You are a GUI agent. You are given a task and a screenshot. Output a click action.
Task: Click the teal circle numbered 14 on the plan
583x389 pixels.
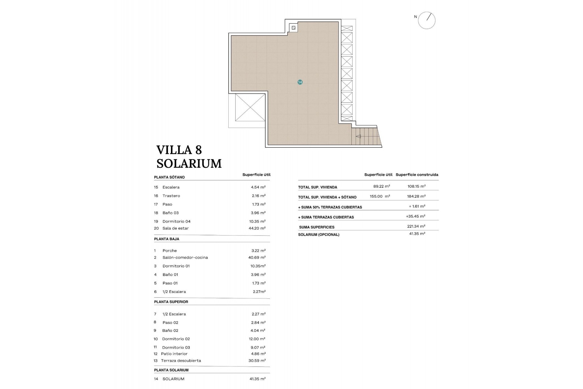coord(300,82)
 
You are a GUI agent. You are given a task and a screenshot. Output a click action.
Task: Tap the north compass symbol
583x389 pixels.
coord(427,20)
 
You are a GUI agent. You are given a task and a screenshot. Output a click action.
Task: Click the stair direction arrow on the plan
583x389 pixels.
coord(358,136)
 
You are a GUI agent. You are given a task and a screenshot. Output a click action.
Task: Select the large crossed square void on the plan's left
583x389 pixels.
coord(250,107)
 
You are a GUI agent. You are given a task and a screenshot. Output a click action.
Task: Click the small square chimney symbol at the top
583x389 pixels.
coord(293,28)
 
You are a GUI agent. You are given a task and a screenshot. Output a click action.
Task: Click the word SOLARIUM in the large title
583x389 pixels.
coord(189,164)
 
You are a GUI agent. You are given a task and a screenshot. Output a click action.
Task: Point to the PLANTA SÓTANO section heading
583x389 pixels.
coord(169,177)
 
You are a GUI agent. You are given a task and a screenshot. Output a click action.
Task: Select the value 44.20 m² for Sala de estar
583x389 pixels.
coord(257,228)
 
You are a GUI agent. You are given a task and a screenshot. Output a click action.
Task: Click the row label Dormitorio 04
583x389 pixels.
coord(176,222)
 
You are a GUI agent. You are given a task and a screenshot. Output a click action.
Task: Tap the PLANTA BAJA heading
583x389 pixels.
coord(166,239)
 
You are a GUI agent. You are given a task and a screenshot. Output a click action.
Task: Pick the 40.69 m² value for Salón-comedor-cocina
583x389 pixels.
coord(257,257)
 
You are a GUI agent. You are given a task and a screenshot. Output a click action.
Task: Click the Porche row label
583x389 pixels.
coord(169,251)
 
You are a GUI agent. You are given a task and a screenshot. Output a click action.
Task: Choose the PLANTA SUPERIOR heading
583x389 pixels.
coord(171,302)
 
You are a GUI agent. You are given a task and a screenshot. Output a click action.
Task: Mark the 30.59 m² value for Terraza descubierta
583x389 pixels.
coord(257,361)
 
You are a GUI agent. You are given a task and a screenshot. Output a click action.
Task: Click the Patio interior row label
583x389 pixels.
coord(174,354)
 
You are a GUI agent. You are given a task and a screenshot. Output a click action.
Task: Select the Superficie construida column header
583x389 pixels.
coord(417,175)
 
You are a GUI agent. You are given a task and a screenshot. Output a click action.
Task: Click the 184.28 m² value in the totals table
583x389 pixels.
coord(416,196)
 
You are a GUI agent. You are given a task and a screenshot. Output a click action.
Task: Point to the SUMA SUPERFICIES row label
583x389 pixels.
coord(316,227)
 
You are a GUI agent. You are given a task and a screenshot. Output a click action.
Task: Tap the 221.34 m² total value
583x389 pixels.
coord(416,226)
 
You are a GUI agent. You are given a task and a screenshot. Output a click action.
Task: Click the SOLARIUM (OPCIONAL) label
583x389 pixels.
coord(319,235)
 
